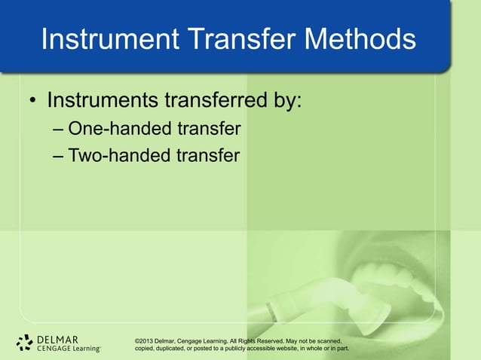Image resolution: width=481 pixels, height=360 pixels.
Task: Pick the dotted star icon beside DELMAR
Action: (x=24, y=343)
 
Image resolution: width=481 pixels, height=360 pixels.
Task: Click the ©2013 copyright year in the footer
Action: (x=144, y=340)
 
